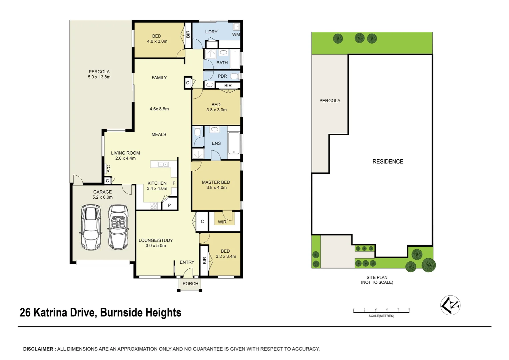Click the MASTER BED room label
216,182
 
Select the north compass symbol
450,305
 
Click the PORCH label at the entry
190,284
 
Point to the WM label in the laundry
236,35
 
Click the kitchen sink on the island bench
163,164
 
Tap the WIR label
222,222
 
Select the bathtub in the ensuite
234,143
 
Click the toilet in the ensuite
198,132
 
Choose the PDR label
222,76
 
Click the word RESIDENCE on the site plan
388,162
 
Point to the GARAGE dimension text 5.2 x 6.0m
103,197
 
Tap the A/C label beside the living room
108,169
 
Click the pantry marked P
169,205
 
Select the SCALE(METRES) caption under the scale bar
381,316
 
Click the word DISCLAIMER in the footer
38,349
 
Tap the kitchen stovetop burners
154,206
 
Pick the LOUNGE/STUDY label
156,240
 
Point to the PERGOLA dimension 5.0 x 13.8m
99,77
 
